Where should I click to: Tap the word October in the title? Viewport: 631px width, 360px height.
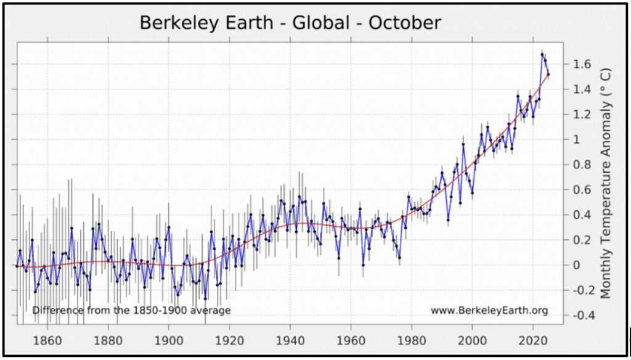tap(405, 23)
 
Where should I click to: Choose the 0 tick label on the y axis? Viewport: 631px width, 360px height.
tap(577, 265)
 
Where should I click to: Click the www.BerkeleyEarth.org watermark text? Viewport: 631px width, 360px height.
tap(489, 311)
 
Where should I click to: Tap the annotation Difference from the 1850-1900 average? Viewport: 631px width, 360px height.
tap(131, 310)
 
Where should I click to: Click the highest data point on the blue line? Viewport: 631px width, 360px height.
tap(542, 54)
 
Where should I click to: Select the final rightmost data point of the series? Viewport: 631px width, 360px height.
tap(548, 75)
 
